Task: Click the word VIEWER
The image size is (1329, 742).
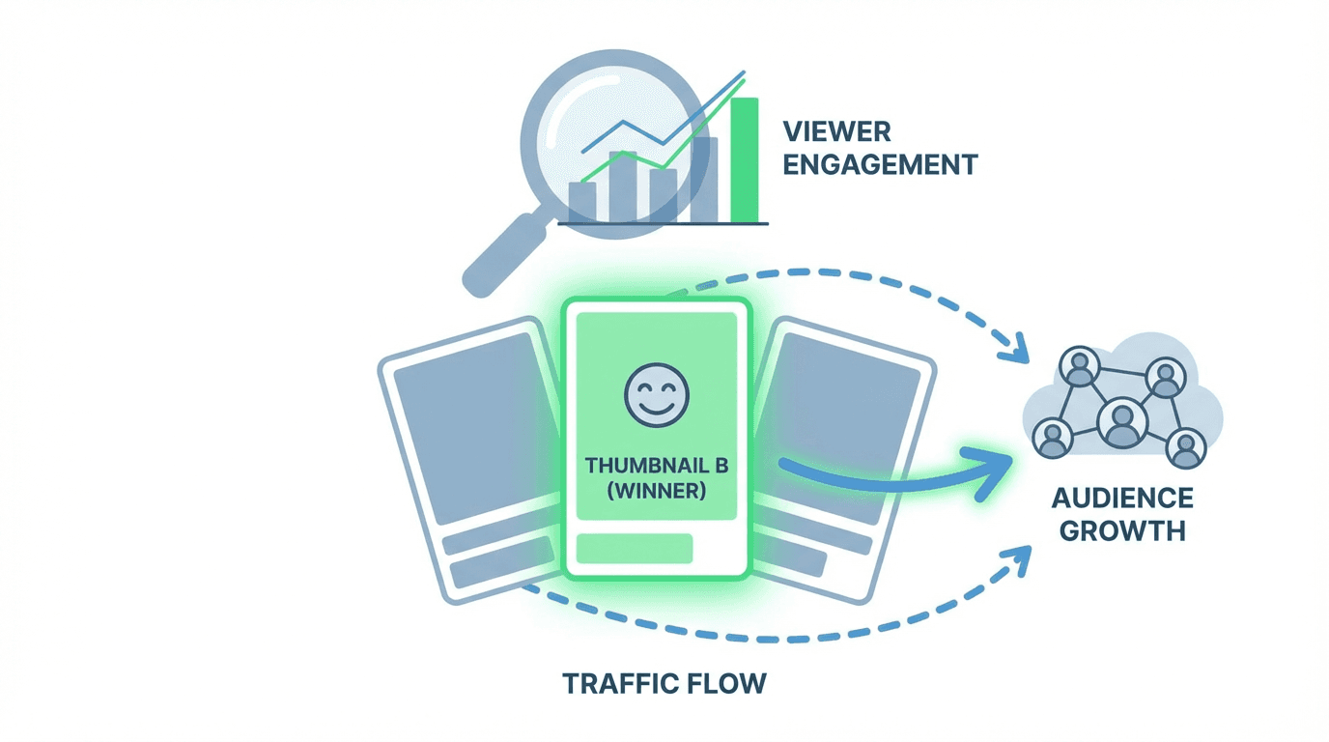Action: [x=836, y=130]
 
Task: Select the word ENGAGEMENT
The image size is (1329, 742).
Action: [x=879, y=164]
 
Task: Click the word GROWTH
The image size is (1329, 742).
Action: [x=1122, y=530]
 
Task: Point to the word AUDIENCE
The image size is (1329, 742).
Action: [x=1122, y=499]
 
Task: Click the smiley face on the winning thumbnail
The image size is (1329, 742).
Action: [x=657, y=395]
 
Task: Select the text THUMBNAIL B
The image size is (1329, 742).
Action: [x=657, y=466]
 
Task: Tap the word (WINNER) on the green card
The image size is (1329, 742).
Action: [x=657, y=491]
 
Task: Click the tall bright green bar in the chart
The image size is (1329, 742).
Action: [x=745, y=159]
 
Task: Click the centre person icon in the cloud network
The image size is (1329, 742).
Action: [x=1121, y=423]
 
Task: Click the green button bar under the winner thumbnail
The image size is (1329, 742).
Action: [x=635, y=548]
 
